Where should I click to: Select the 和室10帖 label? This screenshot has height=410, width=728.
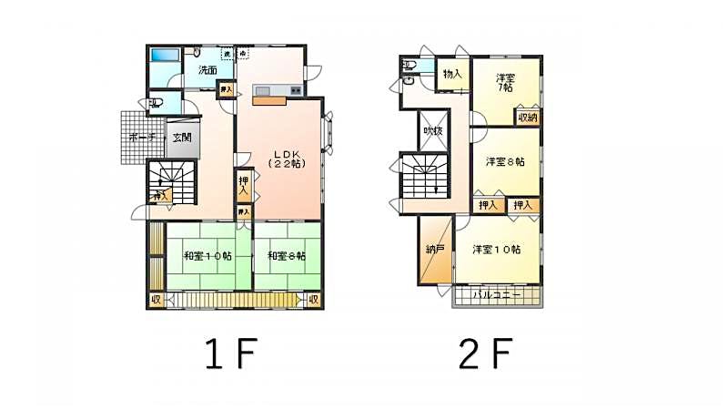(x=207, y=256)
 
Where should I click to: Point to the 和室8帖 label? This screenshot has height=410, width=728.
(x=287, y=256)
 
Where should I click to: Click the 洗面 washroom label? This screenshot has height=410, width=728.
(x=206, y=70)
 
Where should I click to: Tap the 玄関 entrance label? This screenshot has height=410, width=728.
(x=181, y=138)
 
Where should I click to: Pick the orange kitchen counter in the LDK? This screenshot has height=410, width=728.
(x=270, y=100)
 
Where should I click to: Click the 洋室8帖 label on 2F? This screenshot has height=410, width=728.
(x=505, y=162)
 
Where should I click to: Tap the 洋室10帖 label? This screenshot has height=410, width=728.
(x=496, y=249)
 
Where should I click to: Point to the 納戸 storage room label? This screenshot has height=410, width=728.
(x=435, y=249)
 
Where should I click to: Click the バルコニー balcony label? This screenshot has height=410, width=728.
(x=497, y=296)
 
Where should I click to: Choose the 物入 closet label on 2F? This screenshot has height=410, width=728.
(x=452, y=74)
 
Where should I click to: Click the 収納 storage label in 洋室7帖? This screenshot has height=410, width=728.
(x=528, y=117)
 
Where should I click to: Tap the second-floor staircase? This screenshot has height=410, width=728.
(x=425, y=178)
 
